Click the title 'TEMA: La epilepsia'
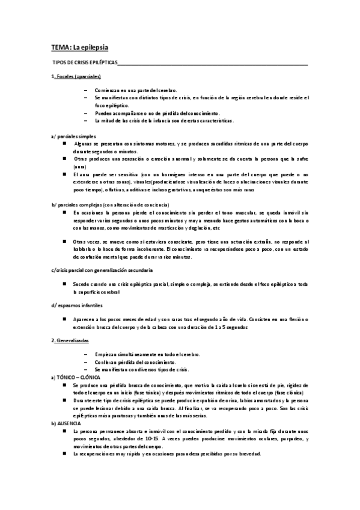pyautogui.click(x=79, y=46)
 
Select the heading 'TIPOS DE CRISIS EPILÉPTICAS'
pyautogui.click(x=86, y=64)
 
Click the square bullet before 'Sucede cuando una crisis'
pyautogui.click(x=64, y=283)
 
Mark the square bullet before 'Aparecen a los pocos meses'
pyautogui.click(x=64, y=320)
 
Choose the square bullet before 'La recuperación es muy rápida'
pyautogui.click(x=64, y=453)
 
